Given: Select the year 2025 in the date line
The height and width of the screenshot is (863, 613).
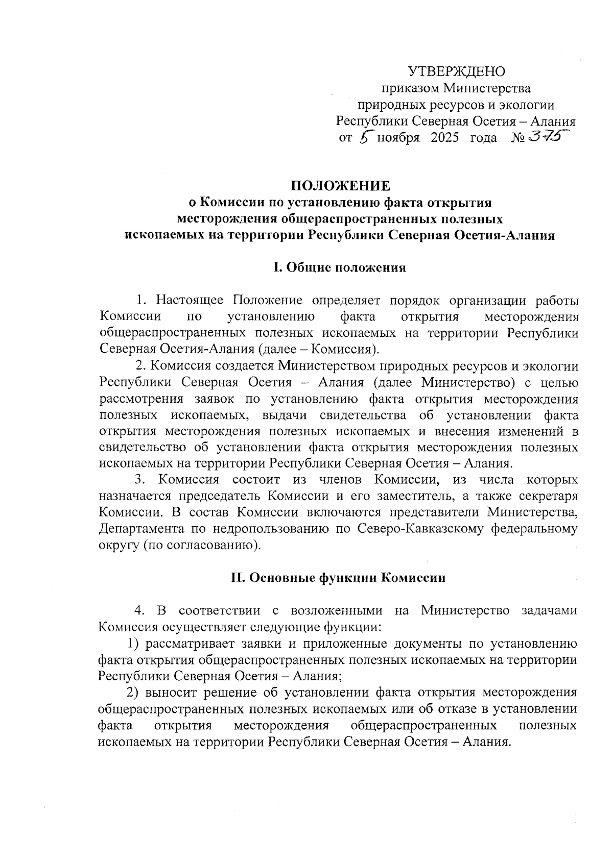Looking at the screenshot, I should pyautogui.click(x=444, y=138).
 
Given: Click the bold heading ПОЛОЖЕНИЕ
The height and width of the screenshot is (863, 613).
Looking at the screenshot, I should pyautogui.click(x=340, y=186).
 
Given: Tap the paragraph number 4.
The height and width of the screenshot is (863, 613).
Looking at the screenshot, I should pyautogui.click(x=139, y=611).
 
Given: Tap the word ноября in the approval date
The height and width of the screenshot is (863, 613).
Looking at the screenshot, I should pyautogui.click(x=398, y=138).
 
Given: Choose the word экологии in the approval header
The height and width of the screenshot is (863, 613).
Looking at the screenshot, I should pyautogui.click(x=529, y=105).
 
